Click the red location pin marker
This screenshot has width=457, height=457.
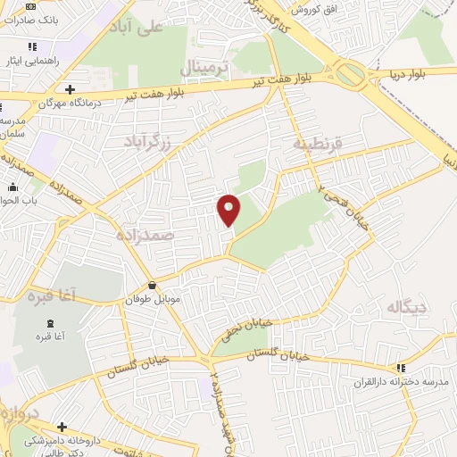click(x=229, y=209)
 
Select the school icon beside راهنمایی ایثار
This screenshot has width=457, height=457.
click(x=32, y=46)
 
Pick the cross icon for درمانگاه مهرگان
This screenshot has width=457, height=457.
click(x=71, y=88)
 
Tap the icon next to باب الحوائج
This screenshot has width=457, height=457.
click(x=13, y=188)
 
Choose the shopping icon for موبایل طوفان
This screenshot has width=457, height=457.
click(x=155, y=286)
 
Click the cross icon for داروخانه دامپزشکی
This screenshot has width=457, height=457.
click(x=62, y=427)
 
